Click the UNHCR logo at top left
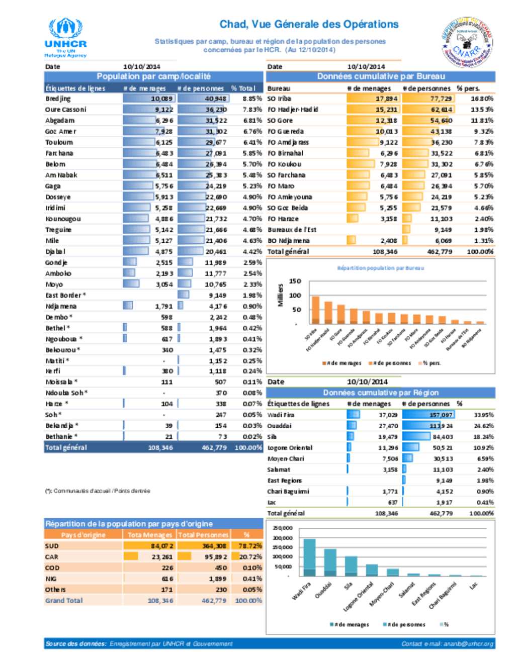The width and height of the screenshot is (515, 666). coord(65,38)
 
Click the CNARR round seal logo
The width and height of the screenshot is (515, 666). coord(467,42)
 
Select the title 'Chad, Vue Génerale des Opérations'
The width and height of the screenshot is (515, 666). coord(309,24)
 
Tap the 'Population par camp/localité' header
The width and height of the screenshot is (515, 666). coord(153,76)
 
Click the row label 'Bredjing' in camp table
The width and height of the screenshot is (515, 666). coord(58,99)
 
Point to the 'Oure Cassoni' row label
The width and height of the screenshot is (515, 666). coord(66,110)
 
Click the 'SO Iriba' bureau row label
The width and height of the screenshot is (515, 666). coord(279,99)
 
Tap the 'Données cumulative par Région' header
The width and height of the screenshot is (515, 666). coord(381,393)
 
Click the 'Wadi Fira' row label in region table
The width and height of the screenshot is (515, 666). coord(281,415)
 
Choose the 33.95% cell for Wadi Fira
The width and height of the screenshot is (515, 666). coord(483,415)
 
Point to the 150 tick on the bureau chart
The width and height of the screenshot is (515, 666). coord(295,281)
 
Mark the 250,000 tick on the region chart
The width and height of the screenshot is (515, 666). coord(282,528)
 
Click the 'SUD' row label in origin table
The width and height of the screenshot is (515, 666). coord(52,546)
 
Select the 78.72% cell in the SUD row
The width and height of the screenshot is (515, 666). coord(250,546)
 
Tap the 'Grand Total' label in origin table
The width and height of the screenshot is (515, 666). coord(64,601)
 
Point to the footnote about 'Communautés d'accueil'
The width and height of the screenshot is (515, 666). coord(98,491)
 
